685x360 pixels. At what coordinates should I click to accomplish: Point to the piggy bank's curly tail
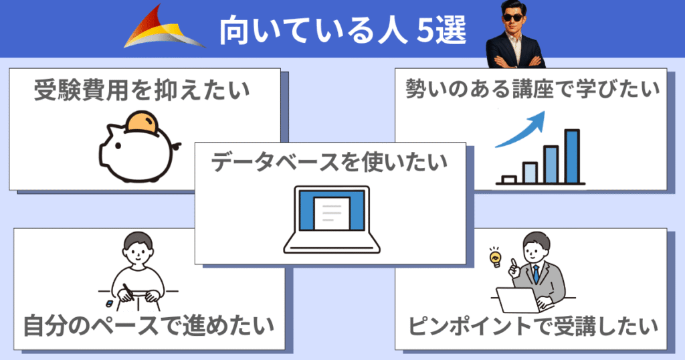coord(176,146)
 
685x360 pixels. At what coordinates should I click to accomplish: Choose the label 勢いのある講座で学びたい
coord(532,90)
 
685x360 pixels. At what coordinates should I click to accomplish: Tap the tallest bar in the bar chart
coord(571,155)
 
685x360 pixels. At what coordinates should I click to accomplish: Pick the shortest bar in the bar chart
coord(508,179)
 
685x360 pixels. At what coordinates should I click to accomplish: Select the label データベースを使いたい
coord(329,163)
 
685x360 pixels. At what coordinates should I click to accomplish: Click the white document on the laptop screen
coord(332,212)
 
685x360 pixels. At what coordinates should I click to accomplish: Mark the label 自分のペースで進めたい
coord(149,326)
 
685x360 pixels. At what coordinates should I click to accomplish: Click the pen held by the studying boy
coord(126,292)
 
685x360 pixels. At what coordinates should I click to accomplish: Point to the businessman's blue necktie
coord(535,274)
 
